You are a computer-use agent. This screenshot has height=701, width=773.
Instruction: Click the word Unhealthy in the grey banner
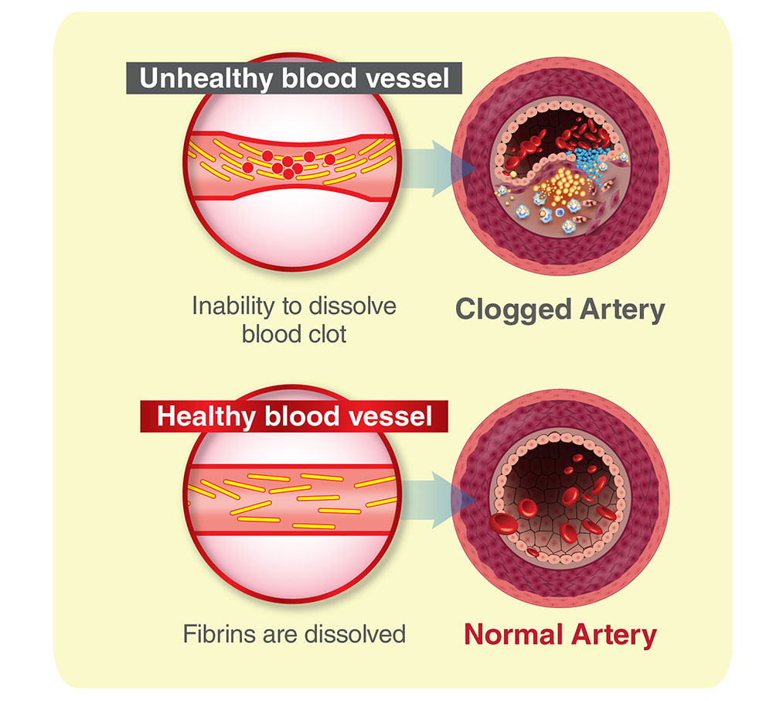coord(206,78)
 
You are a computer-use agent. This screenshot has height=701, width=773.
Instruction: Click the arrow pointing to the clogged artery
coord(427,169)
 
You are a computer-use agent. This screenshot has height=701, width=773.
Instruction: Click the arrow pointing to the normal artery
coord(427,501)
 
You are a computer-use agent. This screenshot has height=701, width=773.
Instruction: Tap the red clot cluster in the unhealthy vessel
coord(289,163)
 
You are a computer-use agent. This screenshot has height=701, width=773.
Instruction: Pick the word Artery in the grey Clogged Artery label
coord(622,310)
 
